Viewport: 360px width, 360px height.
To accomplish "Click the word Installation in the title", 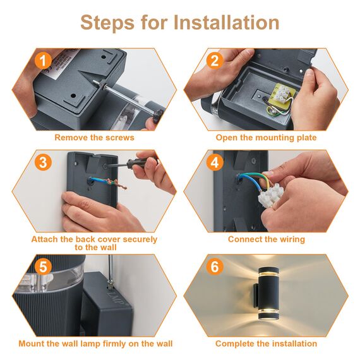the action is tap(226, 22).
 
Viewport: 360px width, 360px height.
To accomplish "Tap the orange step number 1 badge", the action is tap(43, 61).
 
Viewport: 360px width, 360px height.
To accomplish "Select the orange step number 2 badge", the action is tap(215, 61).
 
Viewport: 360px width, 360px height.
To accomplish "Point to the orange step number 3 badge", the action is tap(43, 162).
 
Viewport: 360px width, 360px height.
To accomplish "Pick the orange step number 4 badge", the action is tap(215, 162).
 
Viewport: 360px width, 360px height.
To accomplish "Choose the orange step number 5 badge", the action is tap(43, 267).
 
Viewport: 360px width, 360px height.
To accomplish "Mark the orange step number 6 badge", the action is tap(215, 267).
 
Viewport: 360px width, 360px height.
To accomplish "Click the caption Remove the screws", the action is tap(94, 138).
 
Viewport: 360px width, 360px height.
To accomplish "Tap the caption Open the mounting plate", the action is tap(266, 138).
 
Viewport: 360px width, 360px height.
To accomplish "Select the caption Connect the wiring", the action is tap(267, 239).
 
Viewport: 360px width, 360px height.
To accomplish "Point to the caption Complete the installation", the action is tap(266, 344).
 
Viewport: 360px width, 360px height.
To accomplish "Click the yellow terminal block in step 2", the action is tap(282, 95).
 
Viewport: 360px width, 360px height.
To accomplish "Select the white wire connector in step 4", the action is tap(268, 195).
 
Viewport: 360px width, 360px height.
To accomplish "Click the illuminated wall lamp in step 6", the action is tap(268, 294).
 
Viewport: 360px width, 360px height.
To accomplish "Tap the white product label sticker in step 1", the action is tap(60, 64).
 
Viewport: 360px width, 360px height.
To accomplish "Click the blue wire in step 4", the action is tap(250, 181).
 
